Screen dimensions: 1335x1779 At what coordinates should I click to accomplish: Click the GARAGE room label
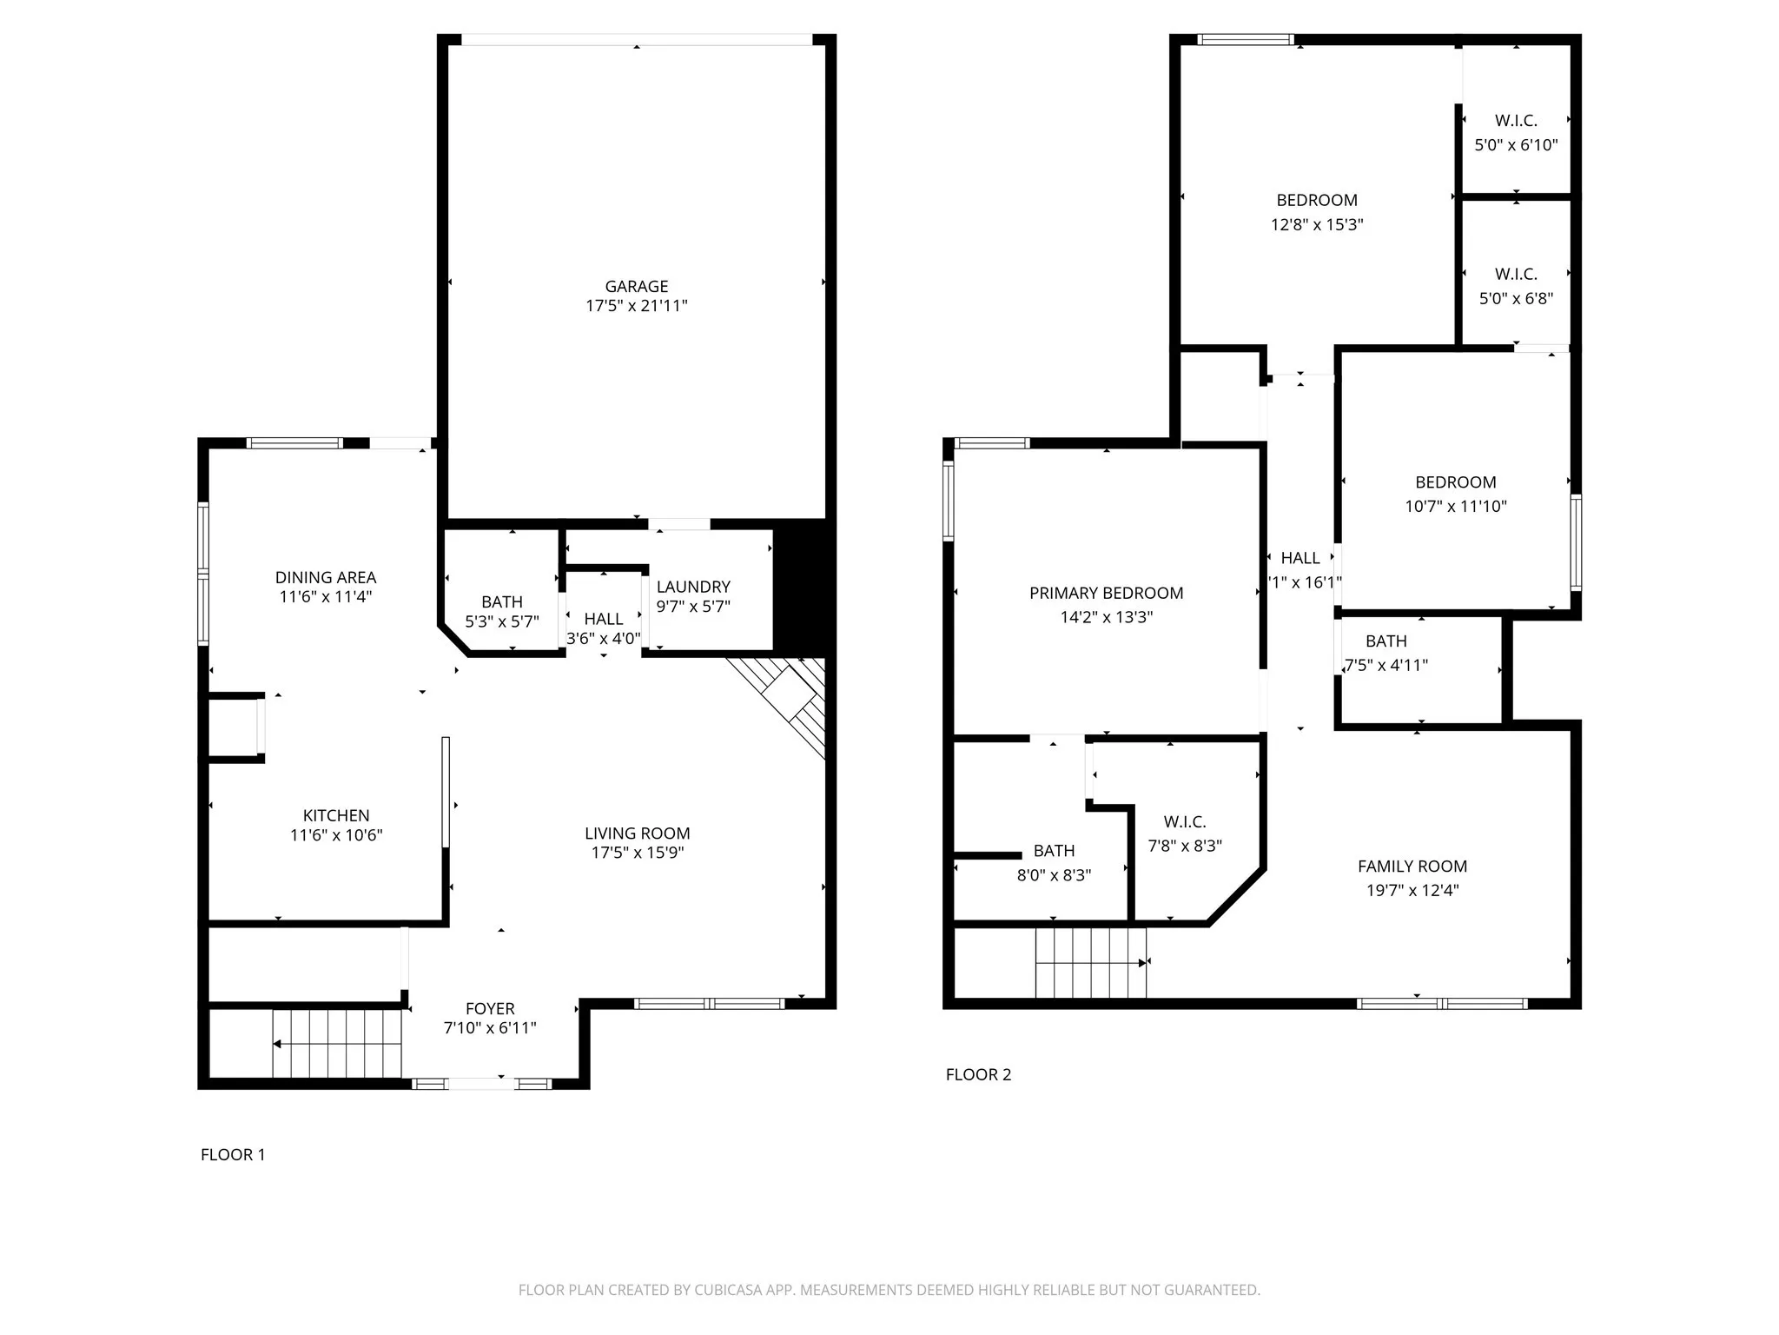pyautogui.click(x=636, y=286)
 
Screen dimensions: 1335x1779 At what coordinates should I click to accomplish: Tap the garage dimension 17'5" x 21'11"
pyautogui.click(x=636, y=306)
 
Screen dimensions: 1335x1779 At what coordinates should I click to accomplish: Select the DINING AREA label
pyautogui.click(x=326, y=577)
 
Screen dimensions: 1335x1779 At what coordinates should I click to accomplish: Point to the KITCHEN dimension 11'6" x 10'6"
pyautogui.click(x=336, y=835)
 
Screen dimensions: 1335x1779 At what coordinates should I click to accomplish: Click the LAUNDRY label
pyautogui.click(x=693, y=587)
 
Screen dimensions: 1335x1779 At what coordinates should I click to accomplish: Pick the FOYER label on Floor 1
pyautogui.click(x=490, y=1008)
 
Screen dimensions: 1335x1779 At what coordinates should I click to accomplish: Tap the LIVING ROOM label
pyautogui.click(x=637, y=833)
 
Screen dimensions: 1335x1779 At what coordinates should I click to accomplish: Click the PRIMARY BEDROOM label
pyautogui.click(x=1106, y=593)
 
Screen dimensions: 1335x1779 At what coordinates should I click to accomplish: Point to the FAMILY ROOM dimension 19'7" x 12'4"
pyautogui.click(x=1412, y=890)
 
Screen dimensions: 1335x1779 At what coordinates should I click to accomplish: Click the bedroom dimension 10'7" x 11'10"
pyautogui.click(x=1456, y=506)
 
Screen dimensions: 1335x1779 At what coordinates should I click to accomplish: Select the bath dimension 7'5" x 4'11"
pyautogui.click(x=1386, y=665)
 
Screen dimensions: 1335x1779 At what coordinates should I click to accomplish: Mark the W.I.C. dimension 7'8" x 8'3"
pyautogui.click(x=1185, y=846)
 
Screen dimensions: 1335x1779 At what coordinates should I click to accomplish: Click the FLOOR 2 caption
pyautogui.click(x=978, y=1074)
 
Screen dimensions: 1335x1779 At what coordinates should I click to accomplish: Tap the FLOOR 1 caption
pyautogui.click(x=233, y=1154)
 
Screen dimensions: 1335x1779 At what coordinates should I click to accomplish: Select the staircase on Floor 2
pyautogui.click(x=1090, y=962)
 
